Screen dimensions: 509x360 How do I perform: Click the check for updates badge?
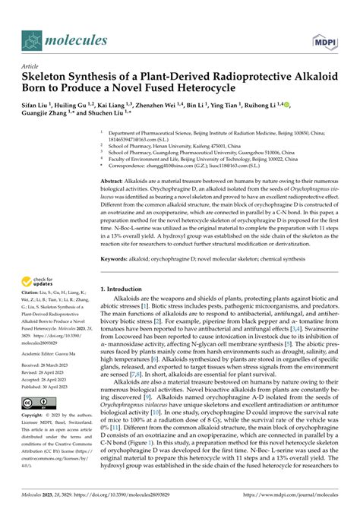[x=33, y=283]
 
